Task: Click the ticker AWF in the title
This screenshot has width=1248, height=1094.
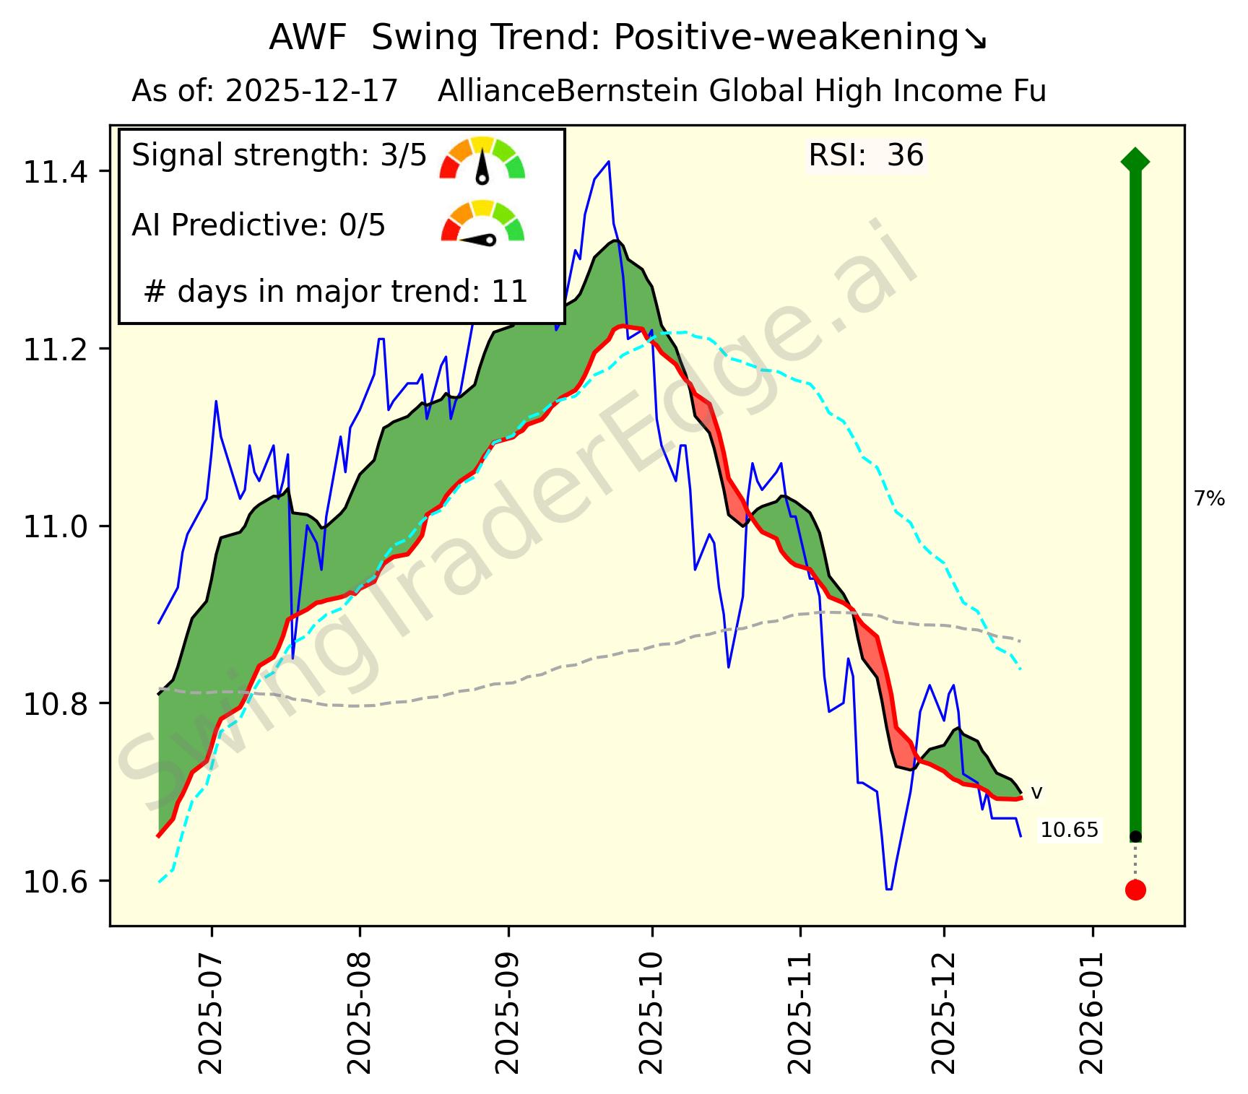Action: point(308,38)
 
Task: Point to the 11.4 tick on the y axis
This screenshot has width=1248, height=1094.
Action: point(55,172)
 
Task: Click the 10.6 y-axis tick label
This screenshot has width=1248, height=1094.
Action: point(55,882)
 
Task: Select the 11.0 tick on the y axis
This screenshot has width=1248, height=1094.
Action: point(55,526)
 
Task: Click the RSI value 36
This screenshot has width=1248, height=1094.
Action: point(905,156)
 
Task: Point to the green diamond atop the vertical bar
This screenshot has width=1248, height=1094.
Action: point(1135,160)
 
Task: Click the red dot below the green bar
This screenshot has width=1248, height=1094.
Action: point(1135,890)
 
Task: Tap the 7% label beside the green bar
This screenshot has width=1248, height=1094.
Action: point(1209,498)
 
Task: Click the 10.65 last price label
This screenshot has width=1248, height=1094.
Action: point(1069,830)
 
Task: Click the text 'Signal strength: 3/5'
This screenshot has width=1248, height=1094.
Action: point(279,156)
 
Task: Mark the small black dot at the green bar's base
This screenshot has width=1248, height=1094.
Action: point(1135,836)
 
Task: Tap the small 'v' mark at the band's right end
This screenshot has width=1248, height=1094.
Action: point(1036,793)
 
